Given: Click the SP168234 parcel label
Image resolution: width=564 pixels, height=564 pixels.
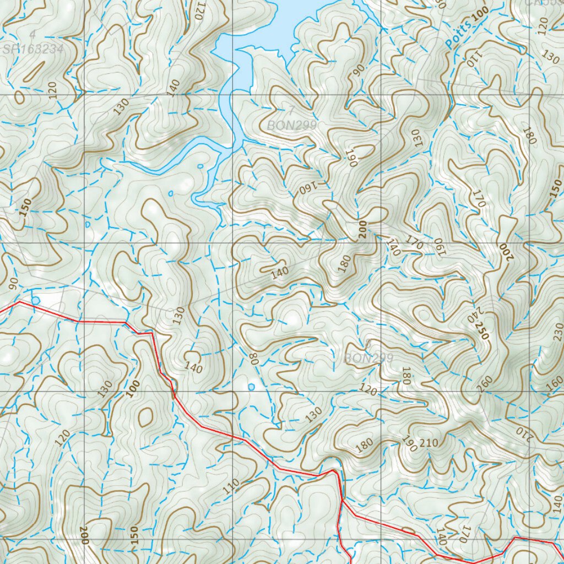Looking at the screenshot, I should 33,49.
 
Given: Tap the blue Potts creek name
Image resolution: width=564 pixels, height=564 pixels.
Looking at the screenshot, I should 460,35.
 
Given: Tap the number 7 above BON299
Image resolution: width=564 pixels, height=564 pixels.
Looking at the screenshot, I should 290,108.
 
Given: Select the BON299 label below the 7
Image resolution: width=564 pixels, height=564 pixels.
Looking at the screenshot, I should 292,126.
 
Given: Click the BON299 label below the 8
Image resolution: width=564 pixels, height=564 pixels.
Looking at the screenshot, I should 368,358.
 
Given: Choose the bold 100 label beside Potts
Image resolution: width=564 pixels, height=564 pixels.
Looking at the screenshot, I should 480,16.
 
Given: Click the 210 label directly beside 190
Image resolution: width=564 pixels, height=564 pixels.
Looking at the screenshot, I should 429,443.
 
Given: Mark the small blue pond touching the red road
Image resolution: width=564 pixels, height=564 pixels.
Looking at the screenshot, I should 36,300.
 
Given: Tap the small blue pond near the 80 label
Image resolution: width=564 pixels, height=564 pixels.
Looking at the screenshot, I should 252,387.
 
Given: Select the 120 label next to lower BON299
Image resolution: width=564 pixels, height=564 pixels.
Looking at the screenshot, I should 368,390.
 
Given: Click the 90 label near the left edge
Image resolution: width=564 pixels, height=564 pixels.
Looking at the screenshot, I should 14,282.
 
